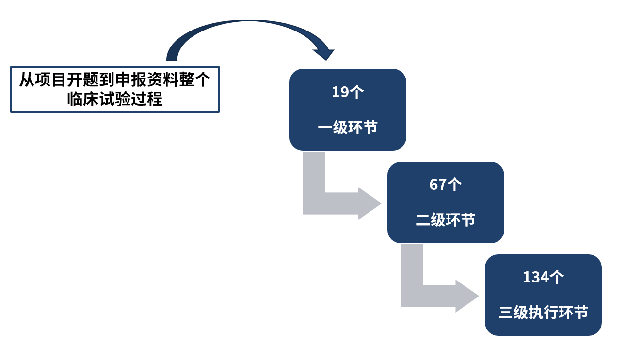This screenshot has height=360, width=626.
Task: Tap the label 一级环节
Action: [348, 128]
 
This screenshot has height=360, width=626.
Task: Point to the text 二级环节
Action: [446, 220]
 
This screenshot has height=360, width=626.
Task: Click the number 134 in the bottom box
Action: [536, 278]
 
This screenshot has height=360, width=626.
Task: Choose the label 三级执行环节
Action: [543, 313]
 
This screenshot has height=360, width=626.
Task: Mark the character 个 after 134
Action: [556, 278]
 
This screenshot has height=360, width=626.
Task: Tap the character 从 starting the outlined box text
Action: [27, 79]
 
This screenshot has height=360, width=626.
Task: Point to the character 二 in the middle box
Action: [423, 220]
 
